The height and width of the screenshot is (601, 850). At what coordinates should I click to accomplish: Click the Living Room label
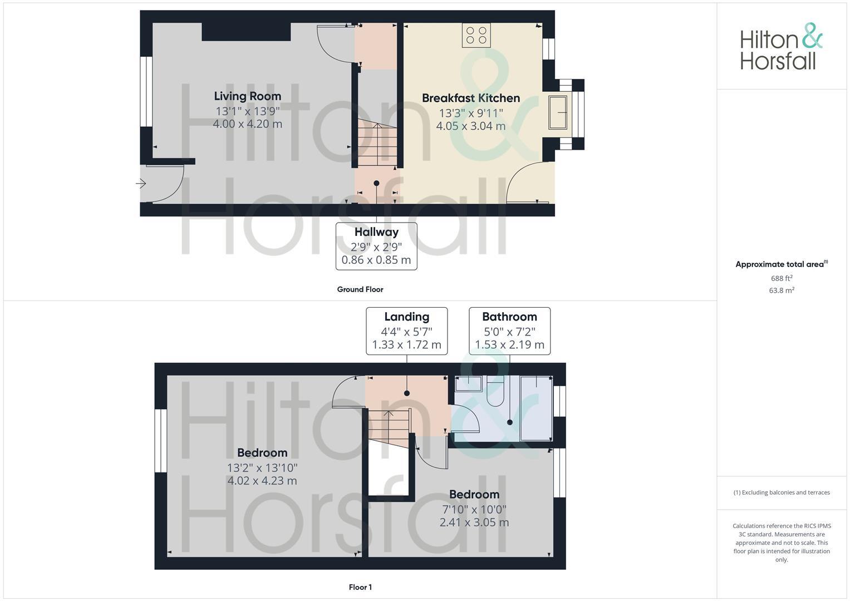tap(247, 96)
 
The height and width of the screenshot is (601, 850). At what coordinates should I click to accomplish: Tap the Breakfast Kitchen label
tap(470, 98)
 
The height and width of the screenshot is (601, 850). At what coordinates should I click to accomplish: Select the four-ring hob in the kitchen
tap(476, 35)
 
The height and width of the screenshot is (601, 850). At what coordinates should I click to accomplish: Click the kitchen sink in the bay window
tap(558, 112)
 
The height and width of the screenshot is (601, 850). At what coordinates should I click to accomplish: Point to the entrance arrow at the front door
tap(140, 183)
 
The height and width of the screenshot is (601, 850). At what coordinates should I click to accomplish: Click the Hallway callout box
tap(376, 246)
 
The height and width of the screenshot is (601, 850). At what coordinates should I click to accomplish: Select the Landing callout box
tap(406, 331)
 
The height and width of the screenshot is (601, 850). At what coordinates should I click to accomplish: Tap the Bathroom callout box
tap(509, 331)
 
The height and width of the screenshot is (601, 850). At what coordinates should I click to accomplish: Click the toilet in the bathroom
tap(495, 392)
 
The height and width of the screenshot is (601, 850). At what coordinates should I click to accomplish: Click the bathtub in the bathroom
tap(536, 407)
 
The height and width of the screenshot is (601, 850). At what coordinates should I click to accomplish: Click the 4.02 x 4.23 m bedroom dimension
tap(262, 481)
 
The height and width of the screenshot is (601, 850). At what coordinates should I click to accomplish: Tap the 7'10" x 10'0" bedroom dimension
tap(474, 509)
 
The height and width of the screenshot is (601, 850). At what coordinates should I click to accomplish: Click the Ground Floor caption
tap(360, 289)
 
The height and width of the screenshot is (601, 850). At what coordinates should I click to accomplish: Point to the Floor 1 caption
tap(360, 587)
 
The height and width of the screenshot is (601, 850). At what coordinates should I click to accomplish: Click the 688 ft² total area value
tap(782, 278)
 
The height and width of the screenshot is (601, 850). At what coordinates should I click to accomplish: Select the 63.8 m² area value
tap(782, 290)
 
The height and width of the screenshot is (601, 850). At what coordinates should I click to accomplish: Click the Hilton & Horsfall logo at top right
tap(781, 47)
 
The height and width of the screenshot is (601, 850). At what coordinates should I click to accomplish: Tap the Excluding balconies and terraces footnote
tap(782, 492)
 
